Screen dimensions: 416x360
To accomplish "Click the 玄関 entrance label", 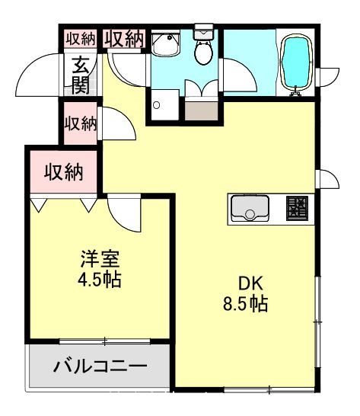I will click(x=79, y=74).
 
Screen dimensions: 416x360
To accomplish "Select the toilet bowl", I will click(x=203, y=53).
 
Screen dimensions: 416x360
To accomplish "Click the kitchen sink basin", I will click(x=249, y=207).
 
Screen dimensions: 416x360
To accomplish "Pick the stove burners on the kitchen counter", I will click(x=298, y=208).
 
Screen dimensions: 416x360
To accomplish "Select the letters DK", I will click(x=239, y=281).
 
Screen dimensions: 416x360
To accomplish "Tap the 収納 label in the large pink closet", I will click(x=63, y=172).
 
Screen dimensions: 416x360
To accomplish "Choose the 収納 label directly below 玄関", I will click(x=80, y=122).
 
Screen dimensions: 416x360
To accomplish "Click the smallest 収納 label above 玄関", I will click(x=80, y=37).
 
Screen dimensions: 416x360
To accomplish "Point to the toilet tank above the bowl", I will click(x=204, y=32).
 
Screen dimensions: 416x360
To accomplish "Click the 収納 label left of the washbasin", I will click(x=124, y=38).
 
